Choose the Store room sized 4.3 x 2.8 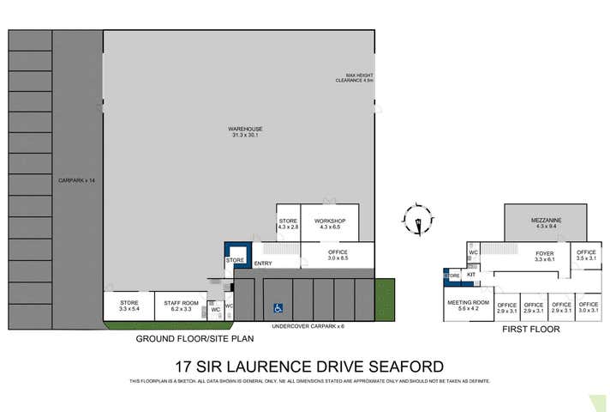[x=289, y=224]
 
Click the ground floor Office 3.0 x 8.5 [x=338, y=255]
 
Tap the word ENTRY [x=263, y=264]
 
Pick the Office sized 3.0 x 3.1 [x=588, y=307]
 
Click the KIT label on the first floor [x=471, y=275]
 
